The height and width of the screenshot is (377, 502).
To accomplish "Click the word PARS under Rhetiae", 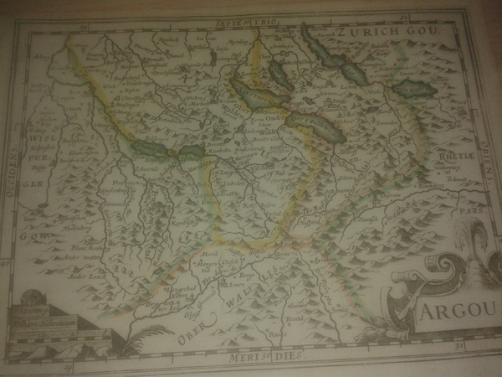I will tap(474, 213).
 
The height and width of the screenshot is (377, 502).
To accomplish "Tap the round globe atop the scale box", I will tap(31, 297).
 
